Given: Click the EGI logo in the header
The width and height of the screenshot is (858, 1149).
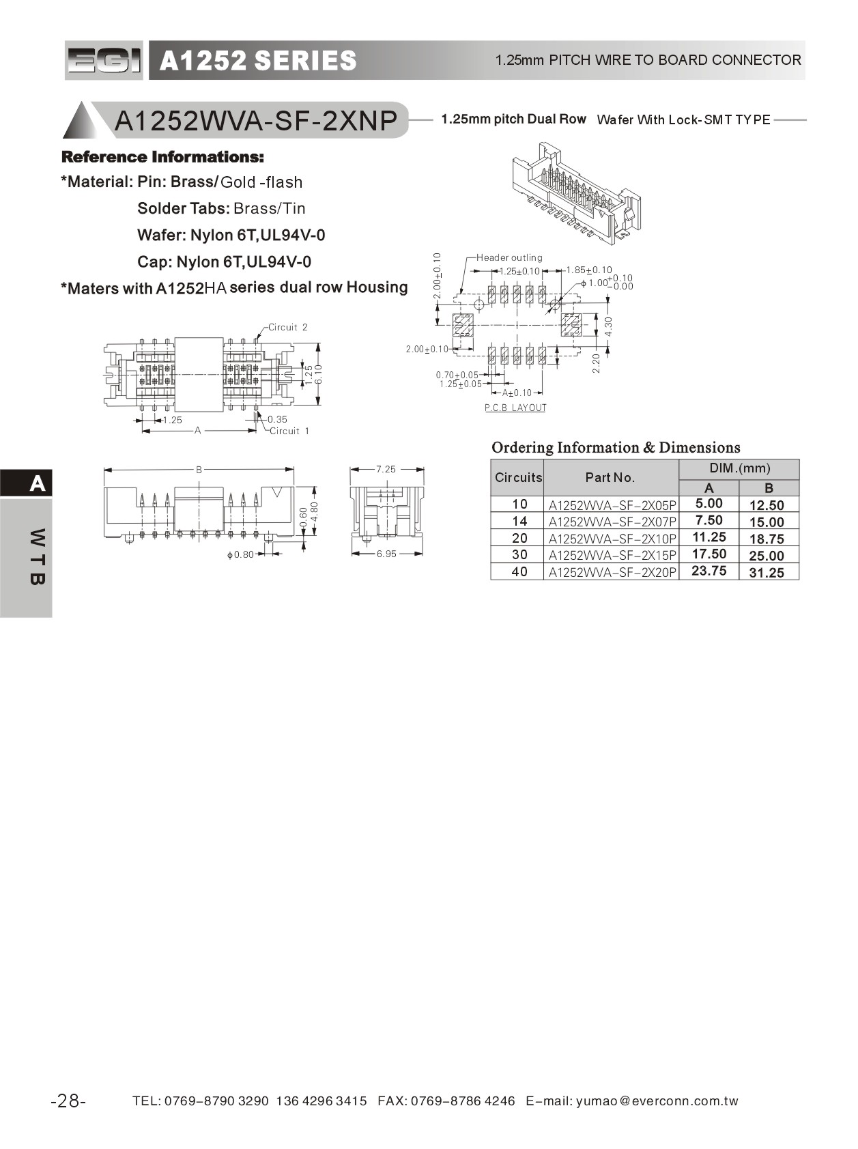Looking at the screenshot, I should pos(104,61).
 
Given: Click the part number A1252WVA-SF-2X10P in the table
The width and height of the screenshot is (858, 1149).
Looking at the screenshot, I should pos(612,539).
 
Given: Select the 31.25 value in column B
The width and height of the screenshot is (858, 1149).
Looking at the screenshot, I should pos(767,573).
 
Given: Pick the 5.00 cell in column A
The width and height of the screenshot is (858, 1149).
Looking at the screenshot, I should pos(709,504).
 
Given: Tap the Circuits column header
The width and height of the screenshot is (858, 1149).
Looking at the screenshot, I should pos(518,477).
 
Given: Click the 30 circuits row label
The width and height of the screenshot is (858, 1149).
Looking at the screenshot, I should pos(519,555).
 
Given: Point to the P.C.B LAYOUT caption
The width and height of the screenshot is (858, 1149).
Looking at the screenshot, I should pos(515,408).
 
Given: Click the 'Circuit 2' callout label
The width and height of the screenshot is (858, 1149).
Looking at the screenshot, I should pos(287,328).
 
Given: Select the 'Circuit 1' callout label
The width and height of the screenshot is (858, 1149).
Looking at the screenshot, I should pos(289,431).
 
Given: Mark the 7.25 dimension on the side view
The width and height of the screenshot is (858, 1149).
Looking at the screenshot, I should pos(386,469).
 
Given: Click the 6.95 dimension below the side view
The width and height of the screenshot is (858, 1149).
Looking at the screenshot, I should pos(386,554).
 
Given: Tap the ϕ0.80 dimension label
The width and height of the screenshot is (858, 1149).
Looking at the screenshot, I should pos(240,555).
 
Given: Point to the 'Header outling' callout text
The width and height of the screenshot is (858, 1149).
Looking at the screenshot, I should pos(509,258).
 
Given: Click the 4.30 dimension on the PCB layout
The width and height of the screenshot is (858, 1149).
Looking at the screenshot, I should pos(609,326).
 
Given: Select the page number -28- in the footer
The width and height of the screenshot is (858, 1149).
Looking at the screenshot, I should pos(68,1101).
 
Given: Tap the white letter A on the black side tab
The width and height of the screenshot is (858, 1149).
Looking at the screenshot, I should pos(38,484).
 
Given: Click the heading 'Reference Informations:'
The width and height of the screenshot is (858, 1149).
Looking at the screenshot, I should pos(162,157).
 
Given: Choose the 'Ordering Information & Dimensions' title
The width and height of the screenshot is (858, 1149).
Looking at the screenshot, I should pos(616,448).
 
